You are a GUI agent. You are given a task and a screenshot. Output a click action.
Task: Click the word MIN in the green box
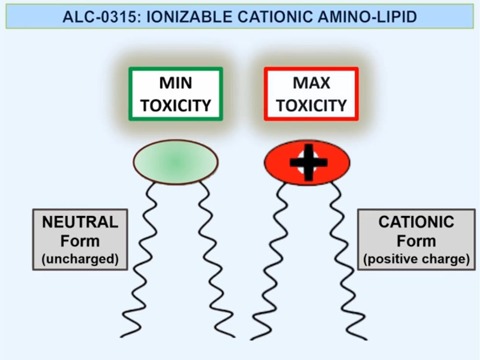(176, 84)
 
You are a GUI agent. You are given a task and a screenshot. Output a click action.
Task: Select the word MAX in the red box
(312, 84)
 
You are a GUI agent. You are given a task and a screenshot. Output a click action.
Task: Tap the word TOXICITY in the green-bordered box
(176, 105)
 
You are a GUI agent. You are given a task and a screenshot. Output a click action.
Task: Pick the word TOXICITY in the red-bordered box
(312, 105)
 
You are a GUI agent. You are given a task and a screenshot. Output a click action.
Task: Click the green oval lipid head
(176, 162)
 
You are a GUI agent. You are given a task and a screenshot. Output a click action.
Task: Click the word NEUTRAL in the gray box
(80, 222)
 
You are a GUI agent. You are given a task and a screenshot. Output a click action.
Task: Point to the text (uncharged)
(80, 259)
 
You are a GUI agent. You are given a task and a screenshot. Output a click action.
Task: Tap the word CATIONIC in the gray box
(416, 222)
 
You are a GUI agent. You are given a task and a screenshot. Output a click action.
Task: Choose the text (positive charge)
(416, 259)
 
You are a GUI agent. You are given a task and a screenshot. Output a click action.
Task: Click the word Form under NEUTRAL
(80, 240)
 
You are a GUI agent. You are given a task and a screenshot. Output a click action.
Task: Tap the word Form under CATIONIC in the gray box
(416, 240)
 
